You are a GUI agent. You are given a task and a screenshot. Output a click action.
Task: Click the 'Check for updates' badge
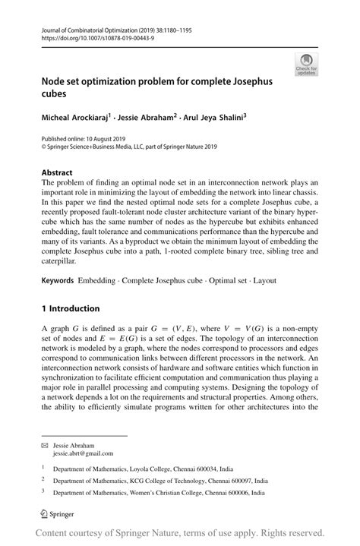(x=307, y=65)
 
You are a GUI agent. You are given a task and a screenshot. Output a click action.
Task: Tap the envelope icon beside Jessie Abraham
(x=44, y=441)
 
